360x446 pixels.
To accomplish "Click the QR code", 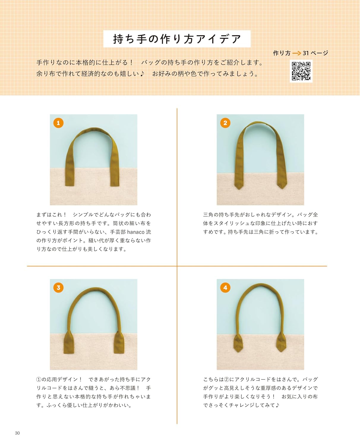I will (x=301, y=71).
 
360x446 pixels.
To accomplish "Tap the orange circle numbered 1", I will (x=58, y=123).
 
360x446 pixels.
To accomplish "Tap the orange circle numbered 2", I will (x=225, y=123).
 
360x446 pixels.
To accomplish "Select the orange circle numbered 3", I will (x=58, y=288).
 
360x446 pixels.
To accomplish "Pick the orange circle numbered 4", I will (x=225, y=288).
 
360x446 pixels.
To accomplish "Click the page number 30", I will (x=17, y=433).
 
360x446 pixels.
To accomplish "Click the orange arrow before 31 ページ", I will (x=297, y=53).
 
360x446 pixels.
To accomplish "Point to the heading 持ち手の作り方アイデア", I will (x=177, y=39).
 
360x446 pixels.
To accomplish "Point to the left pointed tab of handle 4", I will (x=238, y=343).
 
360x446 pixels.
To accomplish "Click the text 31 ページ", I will (x=315, y=53).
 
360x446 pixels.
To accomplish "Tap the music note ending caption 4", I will (x=277, y=405).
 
